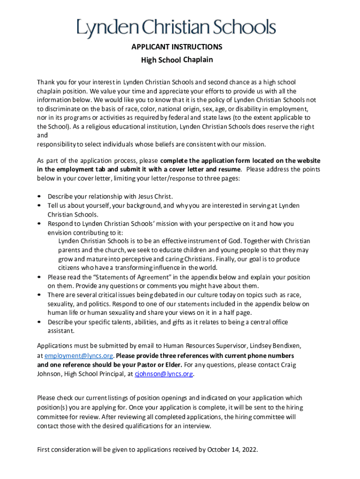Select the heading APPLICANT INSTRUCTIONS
coord(177,47)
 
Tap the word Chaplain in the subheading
coord(198,59)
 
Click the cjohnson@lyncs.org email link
coord(164,374)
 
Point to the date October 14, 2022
coord(231,450)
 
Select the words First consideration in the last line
coord(63,450)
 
